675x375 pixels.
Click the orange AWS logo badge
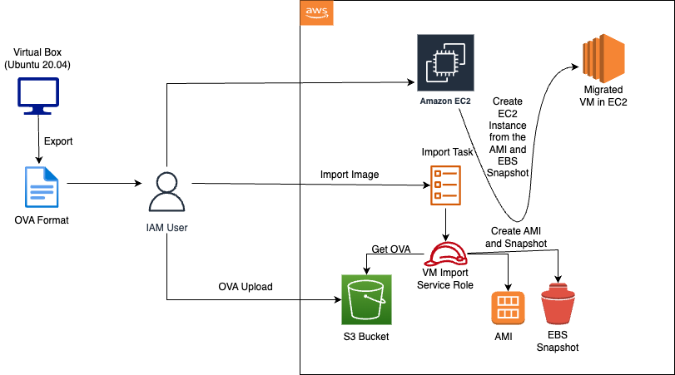[316, 12]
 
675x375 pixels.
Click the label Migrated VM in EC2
[605, 95]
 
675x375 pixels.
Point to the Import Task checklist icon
[444, 185]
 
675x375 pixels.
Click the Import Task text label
[446, 153]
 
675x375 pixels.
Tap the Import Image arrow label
[350, 175]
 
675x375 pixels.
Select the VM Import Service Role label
[446, 279]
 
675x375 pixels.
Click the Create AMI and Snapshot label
[517, 238]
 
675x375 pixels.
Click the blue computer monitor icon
[38, 94]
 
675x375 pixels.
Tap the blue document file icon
[41, 188]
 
